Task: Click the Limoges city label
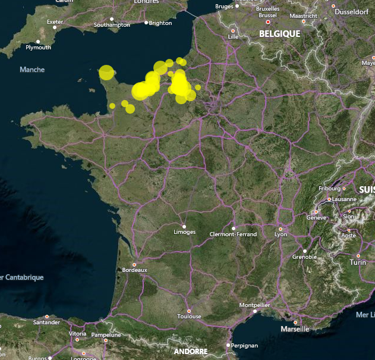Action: coord(184,232)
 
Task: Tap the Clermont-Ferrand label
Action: coord(234,234)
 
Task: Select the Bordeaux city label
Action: coord(134,270)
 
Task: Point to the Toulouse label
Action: coord(189,317)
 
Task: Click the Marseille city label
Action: coord(295,328)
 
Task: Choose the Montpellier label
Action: coord(254,305)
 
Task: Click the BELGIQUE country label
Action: coord(279,34)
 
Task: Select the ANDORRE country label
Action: coord(191,352)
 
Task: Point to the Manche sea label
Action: coord(32,70)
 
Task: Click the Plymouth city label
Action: coord(39,48)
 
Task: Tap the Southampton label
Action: coord(112,25)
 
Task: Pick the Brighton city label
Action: coord(160,23)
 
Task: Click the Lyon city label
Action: coord(281,234)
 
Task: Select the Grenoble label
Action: coord(305,257)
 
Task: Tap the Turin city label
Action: coord(358,262)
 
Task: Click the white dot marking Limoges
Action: coord(184,226)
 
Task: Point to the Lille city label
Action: coord(233,37)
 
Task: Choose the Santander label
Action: coord(47,323)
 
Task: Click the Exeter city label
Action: coord(55,22)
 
